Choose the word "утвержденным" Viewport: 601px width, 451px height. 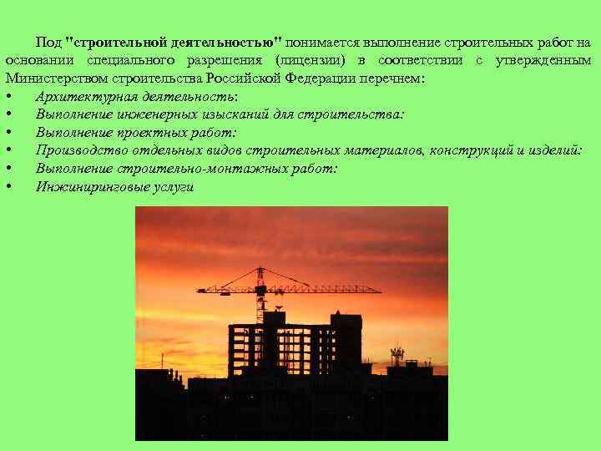543,61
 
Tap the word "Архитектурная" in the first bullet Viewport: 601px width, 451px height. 80,97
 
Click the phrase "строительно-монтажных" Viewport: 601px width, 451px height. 174,169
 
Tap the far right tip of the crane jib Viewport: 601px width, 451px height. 381,291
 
